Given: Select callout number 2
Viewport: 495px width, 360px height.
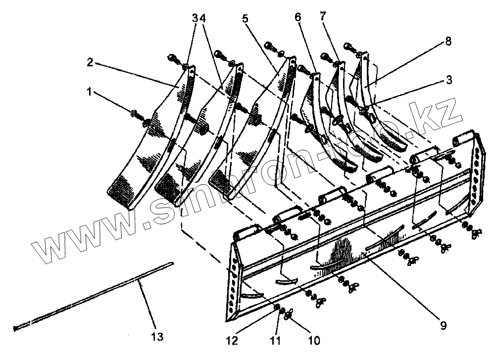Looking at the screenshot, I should coord(91,63).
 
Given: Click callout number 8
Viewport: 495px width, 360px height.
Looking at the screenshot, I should coord(448,42).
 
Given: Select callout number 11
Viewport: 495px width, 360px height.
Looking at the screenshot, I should coord(276,341).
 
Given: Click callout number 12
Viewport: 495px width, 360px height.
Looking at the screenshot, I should coord(233,341).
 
